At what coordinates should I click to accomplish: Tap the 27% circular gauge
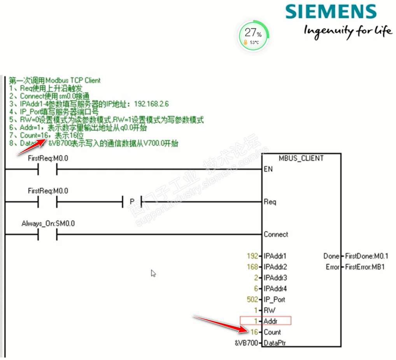coord(253,35)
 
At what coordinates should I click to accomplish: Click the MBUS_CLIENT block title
coord(301,158)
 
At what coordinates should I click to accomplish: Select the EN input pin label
coord(268,169)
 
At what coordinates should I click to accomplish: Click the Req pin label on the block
coord(270,202)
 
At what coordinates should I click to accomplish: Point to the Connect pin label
coord(276,234)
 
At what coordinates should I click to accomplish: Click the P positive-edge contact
coord(132,202)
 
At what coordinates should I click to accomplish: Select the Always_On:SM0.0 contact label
coord(48,224)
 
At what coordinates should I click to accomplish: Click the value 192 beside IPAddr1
coord(252,256)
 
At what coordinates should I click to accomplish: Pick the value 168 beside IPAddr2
coord(252,267)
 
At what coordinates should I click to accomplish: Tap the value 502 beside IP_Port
coord(252,300)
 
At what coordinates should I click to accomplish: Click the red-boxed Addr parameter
coord(266,321)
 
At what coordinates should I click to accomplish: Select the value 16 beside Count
coord(254,332)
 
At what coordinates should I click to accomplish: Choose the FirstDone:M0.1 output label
coord(366,256)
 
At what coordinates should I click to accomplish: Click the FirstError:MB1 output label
coord(365,267)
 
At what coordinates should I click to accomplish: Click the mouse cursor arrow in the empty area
coord(153,273)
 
